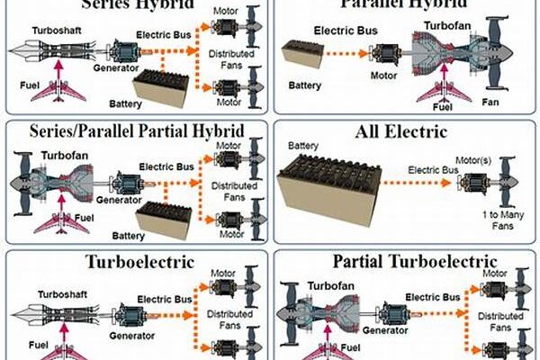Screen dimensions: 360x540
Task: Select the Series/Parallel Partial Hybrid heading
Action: click(x=136, y=131)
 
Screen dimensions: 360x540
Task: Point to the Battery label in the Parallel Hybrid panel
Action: click(x=304, y=85)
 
